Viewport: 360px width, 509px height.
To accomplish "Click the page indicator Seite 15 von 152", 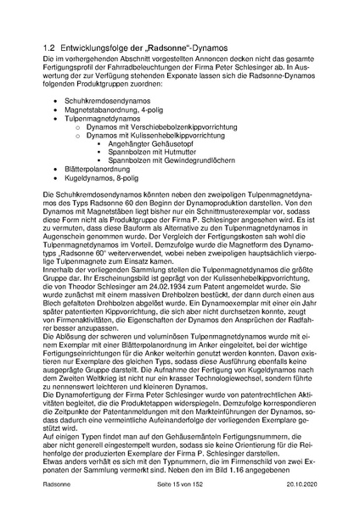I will (x=179, y=484).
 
